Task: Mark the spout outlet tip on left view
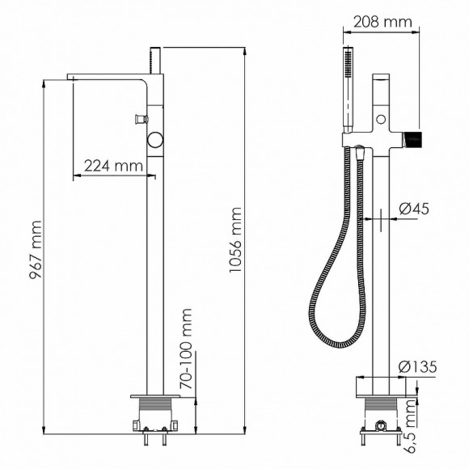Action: [70, 79]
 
